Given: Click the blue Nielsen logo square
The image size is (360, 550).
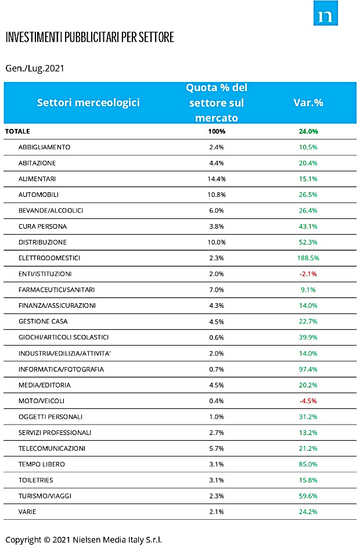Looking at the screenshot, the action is tap(326, 13).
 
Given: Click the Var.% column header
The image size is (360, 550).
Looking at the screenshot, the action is tap(308, 102).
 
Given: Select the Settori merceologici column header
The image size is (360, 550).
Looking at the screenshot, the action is tap(88, 102).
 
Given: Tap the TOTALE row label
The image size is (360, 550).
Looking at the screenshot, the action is tap(17, 131).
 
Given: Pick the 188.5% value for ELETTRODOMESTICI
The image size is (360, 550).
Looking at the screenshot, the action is tap(308, 258).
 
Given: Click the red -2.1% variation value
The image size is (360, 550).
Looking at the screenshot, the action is tap(308, 274).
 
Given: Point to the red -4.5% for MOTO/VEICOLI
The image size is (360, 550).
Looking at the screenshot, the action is tap(308, 401).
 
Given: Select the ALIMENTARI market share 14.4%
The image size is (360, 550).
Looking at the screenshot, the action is tap(217, 179).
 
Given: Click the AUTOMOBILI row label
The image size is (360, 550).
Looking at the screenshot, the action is tap(38, 195).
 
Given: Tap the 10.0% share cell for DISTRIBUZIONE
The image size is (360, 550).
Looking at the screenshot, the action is tap(217, 242).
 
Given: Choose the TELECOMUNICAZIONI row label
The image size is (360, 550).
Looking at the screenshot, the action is tap(52, 448).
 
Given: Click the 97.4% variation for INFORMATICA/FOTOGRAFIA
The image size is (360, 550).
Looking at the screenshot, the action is tap(308, 369).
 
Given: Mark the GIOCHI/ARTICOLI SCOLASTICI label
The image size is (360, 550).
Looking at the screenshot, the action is tap(63, 337).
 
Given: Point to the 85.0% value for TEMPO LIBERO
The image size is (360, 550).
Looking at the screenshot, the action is tap(308, 464).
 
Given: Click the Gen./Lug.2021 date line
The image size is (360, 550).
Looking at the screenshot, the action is tap(35, 68).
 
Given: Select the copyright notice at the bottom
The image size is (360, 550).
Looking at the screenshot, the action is tap(84, 540).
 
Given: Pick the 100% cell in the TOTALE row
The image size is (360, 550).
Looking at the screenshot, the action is tap(217, 131).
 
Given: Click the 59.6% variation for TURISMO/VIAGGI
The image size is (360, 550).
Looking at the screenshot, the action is tap(308, 496).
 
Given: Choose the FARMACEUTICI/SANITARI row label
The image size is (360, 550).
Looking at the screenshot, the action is tap(57, 290).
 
